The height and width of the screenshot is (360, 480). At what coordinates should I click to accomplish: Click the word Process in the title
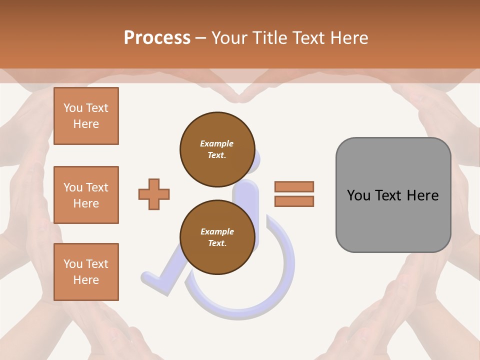tap(157, 38)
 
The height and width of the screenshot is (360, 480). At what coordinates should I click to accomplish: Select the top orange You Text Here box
tap(86, 116)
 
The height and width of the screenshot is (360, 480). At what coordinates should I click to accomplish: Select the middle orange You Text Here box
tap(86, 195)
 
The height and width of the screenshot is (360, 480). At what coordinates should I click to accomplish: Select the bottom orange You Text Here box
tap(86, 272)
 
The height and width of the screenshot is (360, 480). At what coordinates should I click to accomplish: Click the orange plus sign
tap(154, 194)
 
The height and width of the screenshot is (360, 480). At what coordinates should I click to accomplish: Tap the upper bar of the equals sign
tap(294, 186)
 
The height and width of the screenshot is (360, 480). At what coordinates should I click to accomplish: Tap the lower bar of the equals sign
tap(294, 201)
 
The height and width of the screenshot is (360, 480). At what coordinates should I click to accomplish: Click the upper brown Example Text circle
tap(217, 149)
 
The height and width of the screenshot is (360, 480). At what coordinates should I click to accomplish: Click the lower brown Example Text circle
tap(217, 237)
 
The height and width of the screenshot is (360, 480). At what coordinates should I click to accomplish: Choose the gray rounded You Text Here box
tap(393, 195)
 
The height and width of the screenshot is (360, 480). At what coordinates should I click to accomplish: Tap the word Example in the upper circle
tap(217, 143)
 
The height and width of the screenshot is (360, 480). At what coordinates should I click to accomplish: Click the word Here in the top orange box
tap(86, 124)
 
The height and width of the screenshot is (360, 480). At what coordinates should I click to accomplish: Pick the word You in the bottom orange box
tap(73, 264)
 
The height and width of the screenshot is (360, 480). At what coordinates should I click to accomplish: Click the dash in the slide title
tap(200, 38)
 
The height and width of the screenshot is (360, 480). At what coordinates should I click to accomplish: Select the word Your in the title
tap(229, 38)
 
